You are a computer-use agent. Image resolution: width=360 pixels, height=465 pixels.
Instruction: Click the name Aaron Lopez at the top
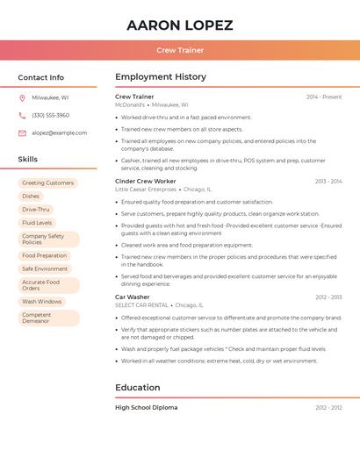(180, 25)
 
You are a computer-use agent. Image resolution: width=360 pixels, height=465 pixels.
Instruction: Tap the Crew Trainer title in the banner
(180, 50)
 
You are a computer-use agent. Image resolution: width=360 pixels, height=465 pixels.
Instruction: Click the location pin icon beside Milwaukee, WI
(22, 98)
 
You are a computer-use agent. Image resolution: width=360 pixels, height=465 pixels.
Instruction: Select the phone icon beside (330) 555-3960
(22, 116)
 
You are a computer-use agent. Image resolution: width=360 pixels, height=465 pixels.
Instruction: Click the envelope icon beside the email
(22, 133)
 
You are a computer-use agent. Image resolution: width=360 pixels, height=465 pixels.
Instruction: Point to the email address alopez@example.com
(60, 133)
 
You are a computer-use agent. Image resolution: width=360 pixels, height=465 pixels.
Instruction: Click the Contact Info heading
(41, 77)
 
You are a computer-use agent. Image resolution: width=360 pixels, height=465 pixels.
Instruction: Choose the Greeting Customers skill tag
(48, 183)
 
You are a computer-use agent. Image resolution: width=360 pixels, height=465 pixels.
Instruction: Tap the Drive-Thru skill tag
(36, 210)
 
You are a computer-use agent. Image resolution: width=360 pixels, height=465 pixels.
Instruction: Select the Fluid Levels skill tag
(37, 223)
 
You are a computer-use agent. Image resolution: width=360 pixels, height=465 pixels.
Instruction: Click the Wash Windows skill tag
(42, 302)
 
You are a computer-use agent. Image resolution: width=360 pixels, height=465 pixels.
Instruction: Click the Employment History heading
(161, 77)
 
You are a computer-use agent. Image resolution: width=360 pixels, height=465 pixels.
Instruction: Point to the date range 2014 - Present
(324, 97)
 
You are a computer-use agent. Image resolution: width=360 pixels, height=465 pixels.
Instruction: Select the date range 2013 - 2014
(328, 181)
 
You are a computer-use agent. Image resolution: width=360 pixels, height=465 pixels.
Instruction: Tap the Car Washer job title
(133, 297)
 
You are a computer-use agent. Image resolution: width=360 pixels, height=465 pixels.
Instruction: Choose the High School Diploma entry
(147, 408)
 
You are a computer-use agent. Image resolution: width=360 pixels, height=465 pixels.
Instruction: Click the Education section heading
(138, 388)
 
